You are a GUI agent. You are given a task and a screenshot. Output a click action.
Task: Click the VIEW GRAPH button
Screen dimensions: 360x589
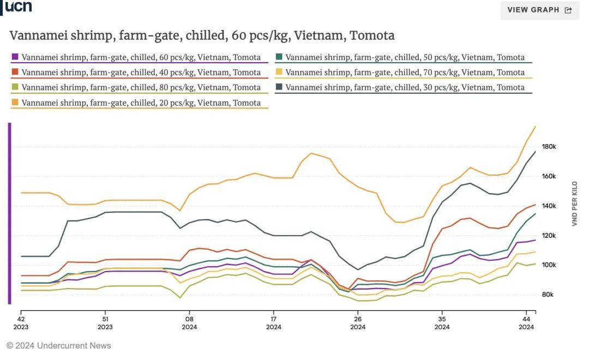(x=539, y=10)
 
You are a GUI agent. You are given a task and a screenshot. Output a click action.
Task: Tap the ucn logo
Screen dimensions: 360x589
(x=18, y=7)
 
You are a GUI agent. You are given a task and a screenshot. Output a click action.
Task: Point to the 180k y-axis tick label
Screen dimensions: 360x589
(x=549, y=147)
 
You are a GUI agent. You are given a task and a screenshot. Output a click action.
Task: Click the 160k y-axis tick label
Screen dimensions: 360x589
(x=549, y=176)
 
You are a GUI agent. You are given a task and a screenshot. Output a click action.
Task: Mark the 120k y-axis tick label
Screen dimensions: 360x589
(x=549, y=236)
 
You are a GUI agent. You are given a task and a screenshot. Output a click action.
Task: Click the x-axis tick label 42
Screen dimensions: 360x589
(x=21, y=319)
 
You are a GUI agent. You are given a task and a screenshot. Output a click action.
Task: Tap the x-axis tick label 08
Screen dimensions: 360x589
(x=189, y=319)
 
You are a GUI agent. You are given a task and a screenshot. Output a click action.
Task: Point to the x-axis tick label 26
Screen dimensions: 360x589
(x=358, y=319)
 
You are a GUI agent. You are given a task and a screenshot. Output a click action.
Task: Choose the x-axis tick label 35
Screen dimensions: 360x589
(x=442, y=319)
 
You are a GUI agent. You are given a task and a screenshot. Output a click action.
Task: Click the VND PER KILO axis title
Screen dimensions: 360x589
(x=574, y=204)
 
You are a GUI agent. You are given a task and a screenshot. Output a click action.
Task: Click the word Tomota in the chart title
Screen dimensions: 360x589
(x=372, y=36)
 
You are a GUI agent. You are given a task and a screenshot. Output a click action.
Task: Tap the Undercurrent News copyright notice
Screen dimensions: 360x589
(x=59, y=345)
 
